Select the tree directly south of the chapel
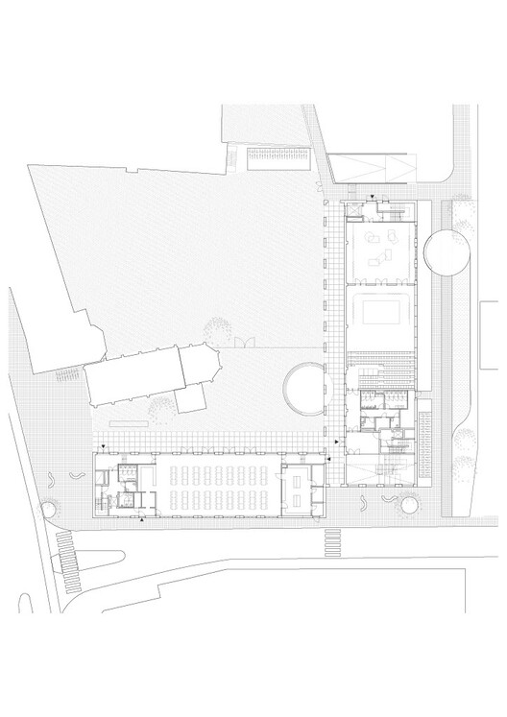pyautogui.click(x=160, y=408)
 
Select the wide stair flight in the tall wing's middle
pyautogui.click(x=381, y=369)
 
